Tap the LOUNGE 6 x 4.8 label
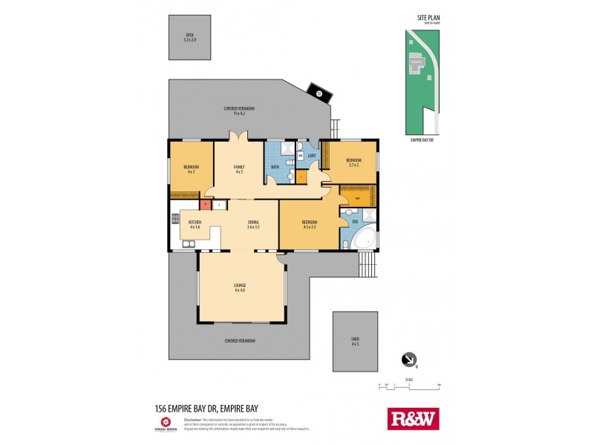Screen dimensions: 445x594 [240, 288]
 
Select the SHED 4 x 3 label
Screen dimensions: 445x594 [355, 341]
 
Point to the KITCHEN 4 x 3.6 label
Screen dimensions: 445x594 [195, 225]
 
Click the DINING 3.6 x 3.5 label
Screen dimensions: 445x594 [252, 225]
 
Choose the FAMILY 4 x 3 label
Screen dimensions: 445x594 [239, 170]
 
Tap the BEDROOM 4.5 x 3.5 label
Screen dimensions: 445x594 [309, 225]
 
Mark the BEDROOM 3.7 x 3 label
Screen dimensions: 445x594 [353, 162]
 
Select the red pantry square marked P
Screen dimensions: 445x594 [204, 204]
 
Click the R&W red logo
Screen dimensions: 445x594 [414, 419]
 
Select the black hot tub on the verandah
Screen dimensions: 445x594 [319, 93]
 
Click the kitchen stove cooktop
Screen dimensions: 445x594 [175, 219]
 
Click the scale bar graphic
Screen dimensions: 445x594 [409, 385]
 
